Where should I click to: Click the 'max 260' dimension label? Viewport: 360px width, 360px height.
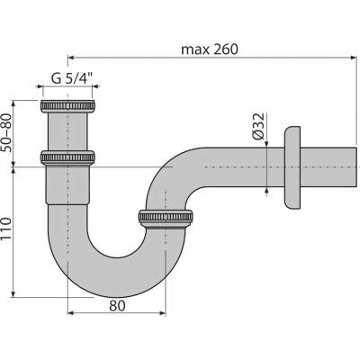pos(210,49)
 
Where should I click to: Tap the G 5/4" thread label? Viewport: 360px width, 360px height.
pos(72,79)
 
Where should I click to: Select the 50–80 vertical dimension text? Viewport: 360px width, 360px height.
pos(6,132)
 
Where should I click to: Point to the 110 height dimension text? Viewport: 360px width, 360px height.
pos(6,229)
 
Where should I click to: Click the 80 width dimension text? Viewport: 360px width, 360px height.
pos(117,306)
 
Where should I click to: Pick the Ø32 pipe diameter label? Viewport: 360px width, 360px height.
pos(258,126)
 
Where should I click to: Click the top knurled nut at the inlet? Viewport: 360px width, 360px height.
pos(67,106)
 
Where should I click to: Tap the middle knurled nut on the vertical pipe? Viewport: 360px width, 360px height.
pos(67,157)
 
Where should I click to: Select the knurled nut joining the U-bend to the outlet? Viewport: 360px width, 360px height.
pos(166,217)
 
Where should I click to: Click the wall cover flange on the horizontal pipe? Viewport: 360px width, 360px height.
pos(292,167)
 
